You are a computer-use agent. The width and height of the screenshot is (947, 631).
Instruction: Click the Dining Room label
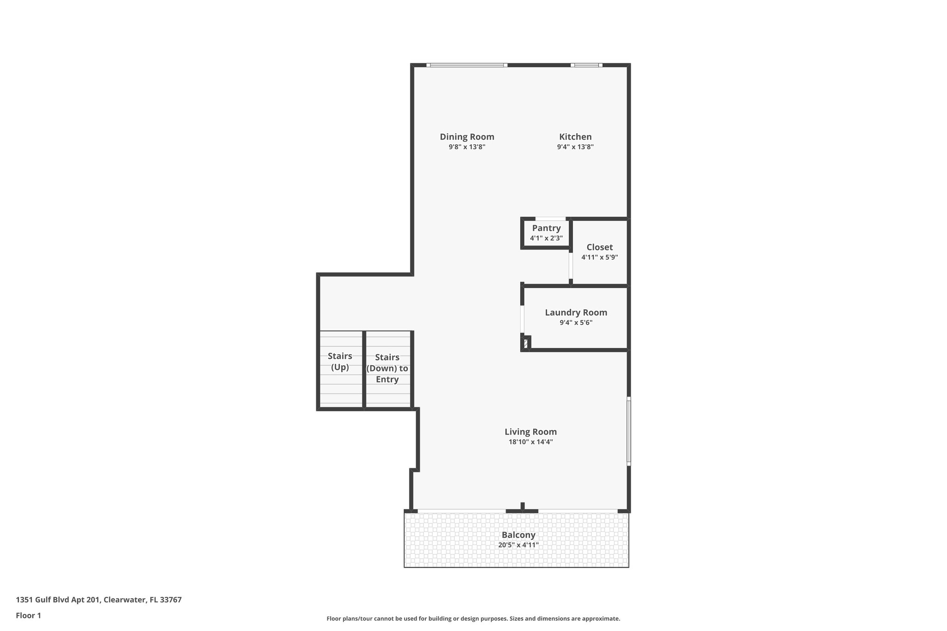pyautogui.click(x=467, y=137)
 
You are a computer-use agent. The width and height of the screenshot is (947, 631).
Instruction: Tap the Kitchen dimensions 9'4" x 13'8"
pyautogui.click(x=575, y=147)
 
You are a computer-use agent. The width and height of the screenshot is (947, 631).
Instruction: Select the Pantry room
pyautogui.click(x=546, y=233)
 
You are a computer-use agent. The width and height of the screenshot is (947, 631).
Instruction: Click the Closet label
pyautogui.click(x=599, y=247)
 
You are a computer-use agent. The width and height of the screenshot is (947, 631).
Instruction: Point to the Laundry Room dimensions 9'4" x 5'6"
pyautogui.click(x=576, y=323)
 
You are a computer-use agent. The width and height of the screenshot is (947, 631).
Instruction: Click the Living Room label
pyautogui.click(x=530, y=432)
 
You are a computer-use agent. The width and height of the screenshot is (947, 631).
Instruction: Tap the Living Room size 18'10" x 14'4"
pyautogui.click(x=530, y=442)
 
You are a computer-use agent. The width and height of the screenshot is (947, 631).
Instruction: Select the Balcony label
pyautogui.click(x=518, y=535)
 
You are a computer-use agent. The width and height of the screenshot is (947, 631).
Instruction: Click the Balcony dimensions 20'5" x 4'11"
pyautogui.click(x=518, y=545)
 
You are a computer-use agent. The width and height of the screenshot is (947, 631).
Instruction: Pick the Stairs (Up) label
pyautogui.click(x=340, y=361)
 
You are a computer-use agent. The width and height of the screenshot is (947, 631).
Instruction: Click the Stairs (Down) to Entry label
pyautogui.click(x=387, y=368)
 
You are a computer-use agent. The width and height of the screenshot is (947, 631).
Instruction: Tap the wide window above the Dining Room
pyautogui.click(x=466, y=65)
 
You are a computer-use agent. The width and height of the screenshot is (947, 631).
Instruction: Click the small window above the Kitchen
pyautogui.click(x=586, y=65)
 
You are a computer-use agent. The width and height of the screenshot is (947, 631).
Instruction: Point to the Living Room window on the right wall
pyautogui.click(x=628, y=431)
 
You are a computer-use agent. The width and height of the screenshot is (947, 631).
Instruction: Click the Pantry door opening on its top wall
pyautogui.click(x=550, y=219)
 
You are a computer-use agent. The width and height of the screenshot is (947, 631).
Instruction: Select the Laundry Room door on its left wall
pyautogui.click(x=522, y=319)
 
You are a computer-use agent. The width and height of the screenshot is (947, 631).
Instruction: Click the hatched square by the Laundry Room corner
pyautogui.click(x=525, y=343)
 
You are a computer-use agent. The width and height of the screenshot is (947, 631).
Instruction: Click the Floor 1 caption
pyautogui.click(x=28, y=616)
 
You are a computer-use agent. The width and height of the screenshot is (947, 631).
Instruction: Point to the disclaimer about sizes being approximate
pyautogui.click(x=473, y=619)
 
